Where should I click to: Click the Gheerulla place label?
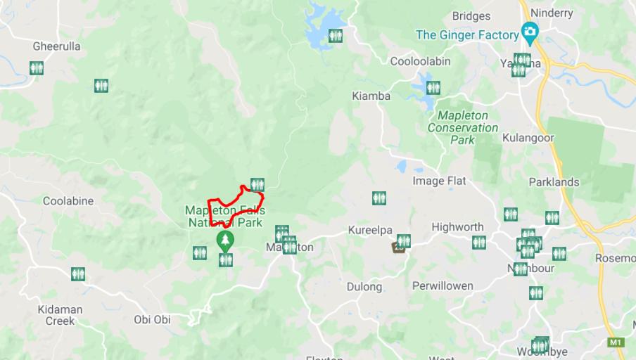click(x=56, y=46)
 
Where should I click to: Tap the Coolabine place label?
click(x=68, y=201)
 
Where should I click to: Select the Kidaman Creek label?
click(x=60, y=315)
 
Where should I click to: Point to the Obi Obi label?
click(x=152, y=320)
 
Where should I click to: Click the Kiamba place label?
click(x=371, y=96)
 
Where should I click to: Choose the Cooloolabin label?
click(x=420, y=61)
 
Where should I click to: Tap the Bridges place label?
click(x=471, y=16)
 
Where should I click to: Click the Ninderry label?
click(x=552, y=13)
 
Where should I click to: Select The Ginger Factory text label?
click(x=466, y=34)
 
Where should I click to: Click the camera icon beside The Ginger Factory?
click(x=530, y=32)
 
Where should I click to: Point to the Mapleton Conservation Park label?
click(x=462, y=127)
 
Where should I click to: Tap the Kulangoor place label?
click(x=528, y=138)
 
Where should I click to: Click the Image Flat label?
click(x=439, y=181)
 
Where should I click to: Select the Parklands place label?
click(x=554, y=182)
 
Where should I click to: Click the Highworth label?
click(x=457, y=227)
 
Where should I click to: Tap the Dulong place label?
click(x=364, y=287)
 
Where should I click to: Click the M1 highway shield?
click(x=616, y=342)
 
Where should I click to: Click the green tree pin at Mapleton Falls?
click(x=225, y=240)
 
